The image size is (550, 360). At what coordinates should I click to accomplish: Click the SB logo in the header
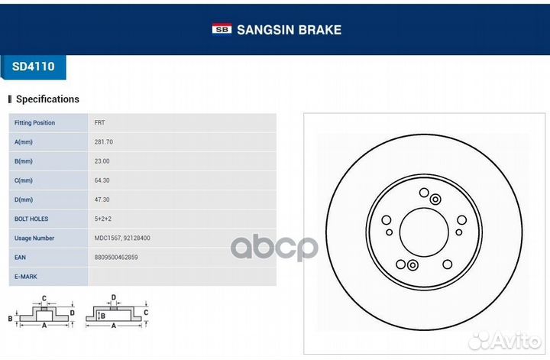tap(222, 29)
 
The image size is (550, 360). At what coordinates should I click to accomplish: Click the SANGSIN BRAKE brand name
tap(289, 30)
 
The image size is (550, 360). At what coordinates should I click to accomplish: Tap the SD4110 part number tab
tap(34, 66)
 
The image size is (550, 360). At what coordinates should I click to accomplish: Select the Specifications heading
tap(47, 99)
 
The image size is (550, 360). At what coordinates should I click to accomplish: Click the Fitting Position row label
tap(34, 123)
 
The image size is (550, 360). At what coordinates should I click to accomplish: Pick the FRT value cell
tap(99, 123)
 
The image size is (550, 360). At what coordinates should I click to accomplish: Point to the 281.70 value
tap(103, 141)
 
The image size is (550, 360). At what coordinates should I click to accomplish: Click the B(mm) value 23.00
tap(102, 161)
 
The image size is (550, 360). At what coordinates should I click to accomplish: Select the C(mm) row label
tap(24, 180)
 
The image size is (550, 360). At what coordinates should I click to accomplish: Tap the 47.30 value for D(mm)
tap(102, 199)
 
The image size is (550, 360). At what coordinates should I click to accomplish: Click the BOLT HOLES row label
tap(31, 219)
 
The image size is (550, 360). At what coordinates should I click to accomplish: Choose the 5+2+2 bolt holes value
tap(103, 219)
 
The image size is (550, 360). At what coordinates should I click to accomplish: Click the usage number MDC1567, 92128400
tap(122, 238)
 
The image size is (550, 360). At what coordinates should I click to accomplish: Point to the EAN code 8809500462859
tap(116, 257)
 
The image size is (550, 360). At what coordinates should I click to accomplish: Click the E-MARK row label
tap(26, 277)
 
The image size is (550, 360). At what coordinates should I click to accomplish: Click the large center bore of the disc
tap(424, 232)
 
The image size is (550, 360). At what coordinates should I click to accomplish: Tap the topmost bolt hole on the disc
tap(424, 193)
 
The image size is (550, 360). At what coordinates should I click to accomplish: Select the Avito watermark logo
tap(505, 341)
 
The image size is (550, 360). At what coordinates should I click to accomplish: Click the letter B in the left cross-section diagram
tap(10, 319)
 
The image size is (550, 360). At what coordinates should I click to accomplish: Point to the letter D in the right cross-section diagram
tap(113, 297)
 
